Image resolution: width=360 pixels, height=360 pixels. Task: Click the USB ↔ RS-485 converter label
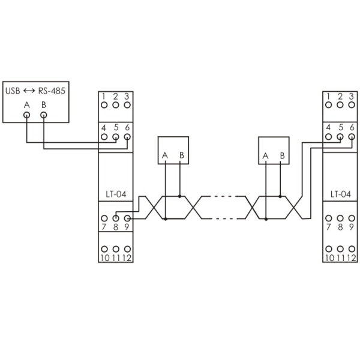pos(35,91)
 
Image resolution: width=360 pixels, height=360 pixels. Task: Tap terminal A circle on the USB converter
pos(27,116)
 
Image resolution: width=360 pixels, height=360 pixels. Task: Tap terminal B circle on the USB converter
pos(44,116)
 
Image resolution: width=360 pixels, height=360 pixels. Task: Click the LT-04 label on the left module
pos(115,194)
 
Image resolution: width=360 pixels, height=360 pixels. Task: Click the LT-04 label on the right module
pos(340,194)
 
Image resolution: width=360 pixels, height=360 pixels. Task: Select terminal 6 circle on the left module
pos(127,137)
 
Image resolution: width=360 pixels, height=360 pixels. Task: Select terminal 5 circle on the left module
pos(115,137)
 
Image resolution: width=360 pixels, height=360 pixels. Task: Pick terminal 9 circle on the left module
pos(127,218)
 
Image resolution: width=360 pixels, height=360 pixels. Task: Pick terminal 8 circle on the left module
pos(115,218)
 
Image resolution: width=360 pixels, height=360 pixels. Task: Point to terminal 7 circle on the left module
pos(104,218)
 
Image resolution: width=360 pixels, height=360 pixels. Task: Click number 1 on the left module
pos(104,96)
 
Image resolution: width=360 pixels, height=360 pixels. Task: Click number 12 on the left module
pos(127,258)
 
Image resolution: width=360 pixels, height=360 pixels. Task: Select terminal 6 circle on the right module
pos(352,137)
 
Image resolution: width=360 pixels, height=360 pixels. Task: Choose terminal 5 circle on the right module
pos(340,137)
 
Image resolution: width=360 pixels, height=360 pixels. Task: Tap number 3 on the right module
pos(352,96)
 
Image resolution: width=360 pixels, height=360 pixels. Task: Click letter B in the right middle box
pos(281,157)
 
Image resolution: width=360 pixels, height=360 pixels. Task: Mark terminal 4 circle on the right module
pos(329,137)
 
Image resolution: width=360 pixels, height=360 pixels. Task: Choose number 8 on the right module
pos(340,227)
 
